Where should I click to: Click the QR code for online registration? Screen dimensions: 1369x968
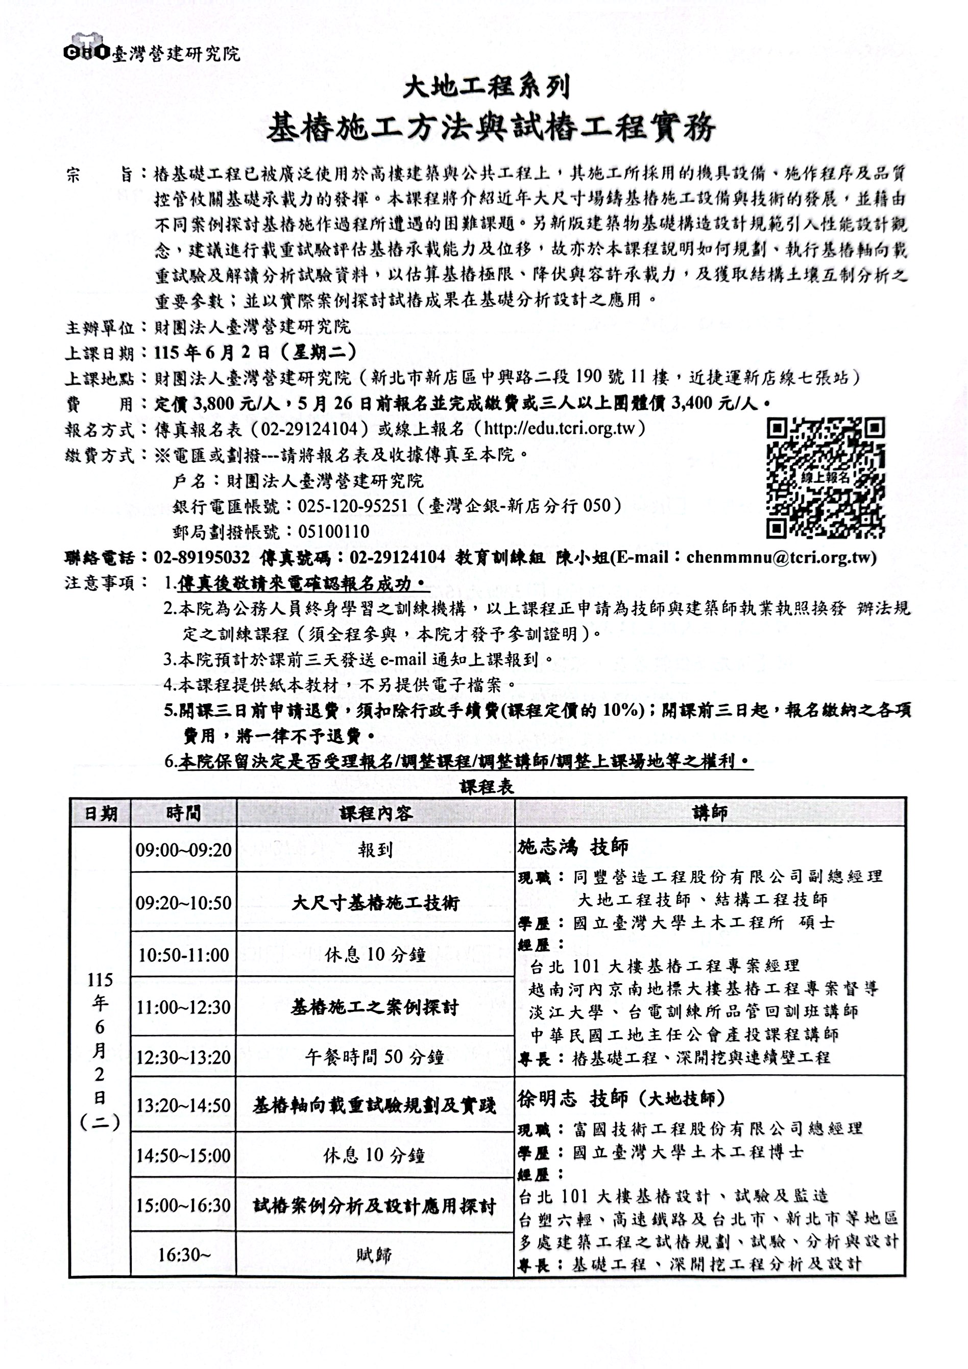[x=825, y=478]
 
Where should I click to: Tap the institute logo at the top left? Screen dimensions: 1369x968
[x=87, y=52]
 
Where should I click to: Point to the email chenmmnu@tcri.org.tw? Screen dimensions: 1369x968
[x=780, y=557]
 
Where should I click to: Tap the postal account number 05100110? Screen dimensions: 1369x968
[x=334, y=531]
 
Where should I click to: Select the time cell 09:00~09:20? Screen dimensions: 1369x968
[x=184, y=849]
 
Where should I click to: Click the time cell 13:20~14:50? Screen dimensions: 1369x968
[x=184, y=1105]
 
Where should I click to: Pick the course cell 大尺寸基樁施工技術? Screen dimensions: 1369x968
[x=376, y=903]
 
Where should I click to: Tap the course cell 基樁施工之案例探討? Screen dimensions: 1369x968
[x=376, y=1007]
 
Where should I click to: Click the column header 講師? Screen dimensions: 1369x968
[x=709, y=812]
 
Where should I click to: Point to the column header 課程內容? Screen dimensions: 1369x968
[x=376, y=813]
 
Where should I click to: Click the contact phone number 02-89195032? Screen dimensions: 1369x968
[x=202, y=557]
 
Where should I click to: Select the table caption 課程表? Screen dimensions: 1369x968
[x=487, y=787]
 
